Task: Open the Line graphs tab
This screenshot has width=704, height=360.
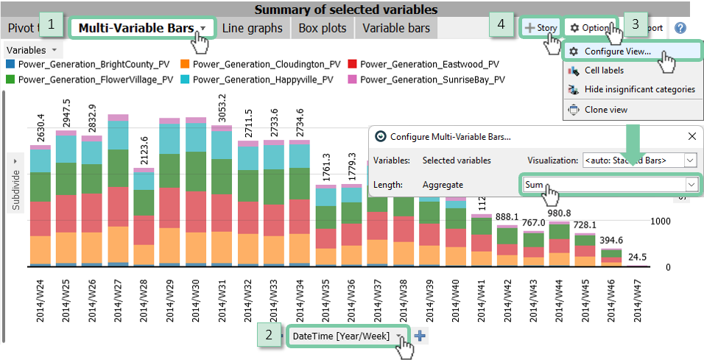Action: [x=252, y=28]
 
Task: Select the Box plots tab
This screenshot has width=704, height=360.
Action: [x=323, y=28]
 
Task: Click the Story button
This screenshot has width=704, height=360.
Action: [x=541, y=28]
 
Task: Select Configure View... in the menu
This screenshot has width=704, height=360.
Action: [x=617, y=52]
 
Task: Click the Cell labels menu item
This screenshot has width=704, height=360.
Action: [x=604, y=71]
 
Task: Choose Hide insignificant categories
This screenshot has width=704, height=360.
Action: [x=639, y=89]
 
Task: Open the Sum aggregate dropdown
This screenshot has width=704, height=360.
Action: [x=609, y=185]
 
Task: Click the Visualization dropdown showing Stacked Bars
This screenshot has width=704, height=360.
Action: [x=638, y=160]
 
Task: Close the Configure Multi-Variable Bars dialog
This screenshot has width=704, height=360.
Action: [x=692, y=136]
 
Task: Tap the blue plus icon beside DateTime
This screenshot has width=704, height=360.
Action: [x=420, y=336]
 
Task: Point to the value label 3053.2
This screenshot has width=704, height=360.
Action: [x=222, y=109]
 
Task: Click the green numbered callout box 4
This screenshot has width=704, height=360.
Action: [x=501, y=24]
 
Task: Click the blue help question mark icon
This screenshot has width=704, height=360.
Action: [x=680, y=28]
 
